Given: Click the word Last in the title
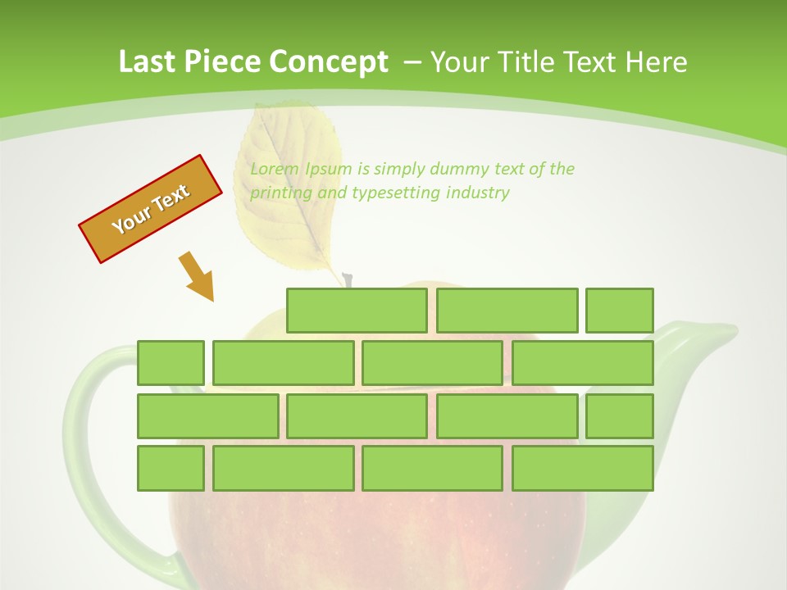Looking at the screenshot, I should [x=148, y=61].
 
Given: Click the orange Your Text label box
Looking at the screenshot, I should [x=151, y=209].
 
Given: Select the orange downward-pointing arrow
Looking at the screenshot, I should [x=197, y=277].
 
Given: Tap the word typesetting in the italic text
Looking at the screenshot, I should [x=396, y=193].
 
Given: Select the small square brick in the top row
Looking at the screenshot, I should [x=620, y=311].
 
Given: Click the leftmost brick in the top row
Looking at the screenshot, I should [x=357, y=311].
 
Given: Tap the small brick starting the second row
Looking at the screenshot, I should [x=171, y=363].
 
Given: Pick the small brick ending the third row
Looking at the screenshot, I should [x=620, y=415].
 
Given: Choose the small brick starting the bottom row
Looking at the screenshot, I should [x=171, y=468].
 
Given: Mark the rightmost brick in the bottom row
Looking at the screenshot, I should [x=583, y=468].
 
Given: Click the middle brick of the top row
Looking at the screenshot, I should [x=507, y=311].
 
